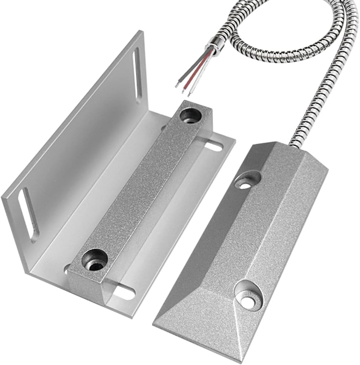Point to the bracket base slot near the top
213,147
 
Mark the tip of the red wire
183,91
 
